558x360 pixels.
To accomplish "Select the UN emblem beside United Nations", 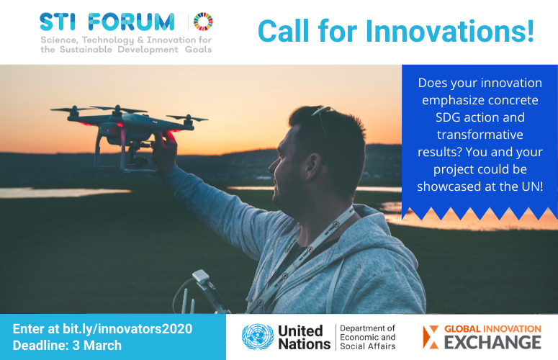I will tap(257, 337).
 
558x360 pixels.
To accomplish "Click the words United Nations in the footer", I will tap(300, 337).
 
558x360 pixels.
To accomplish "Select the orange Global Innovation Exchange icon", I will tap(430, 336).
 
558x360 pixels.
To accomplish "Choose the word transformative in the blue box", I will tap(480, 134).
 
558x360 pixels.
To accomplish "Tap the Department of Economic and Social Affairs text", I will tap(367, 337).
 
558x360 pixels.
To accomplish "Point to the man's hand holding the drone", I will tap(166, 149).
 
